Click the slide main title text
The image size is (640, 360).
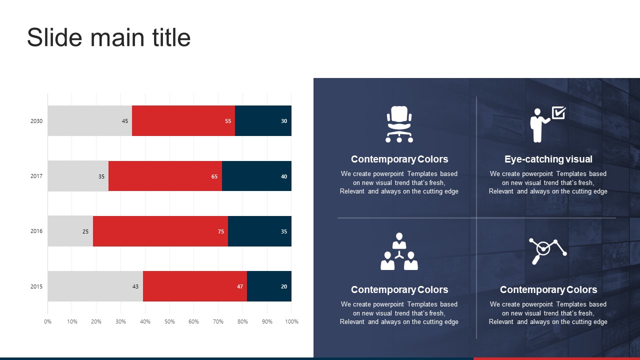click(108, 38)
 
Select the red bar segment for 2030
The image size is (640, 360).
click(183, 120)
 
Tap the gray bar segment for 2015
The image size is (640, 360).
click(95, 286)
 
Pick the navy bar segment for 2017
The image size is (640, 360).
click(256, 176)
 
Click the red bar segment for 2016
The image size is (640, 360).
click(160, 231)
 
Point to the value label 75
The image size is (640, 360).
click(221, 231)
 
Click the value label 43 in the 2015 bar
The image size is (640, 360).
click(135, 286)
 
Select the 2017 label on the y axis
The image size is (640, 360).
click(36, 176)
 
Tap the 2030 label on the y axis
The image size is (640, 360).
click(36, 121)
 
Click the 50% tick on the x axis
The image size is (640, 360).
click(169, 321)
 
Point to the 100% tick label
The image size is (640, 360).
click(291, 321)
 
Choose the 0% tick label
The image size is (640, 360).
click(48, 321)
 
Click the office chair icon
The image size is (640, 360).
click(399, 124)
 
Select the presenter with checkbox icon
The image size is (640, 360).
click(547, 124)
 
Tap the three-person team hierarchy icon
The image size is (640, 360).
click(399, 251)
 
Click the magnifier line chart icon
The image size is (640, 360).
click(547, 251)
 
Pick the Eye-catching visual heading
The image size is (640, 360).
click(548, 159)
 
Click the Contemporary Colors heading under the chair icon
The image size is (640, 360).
click(399, 159)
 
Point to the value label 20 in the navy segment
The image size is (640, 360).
click(284, 286)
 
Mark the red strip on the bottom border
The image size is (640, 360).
click(556, 358)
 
